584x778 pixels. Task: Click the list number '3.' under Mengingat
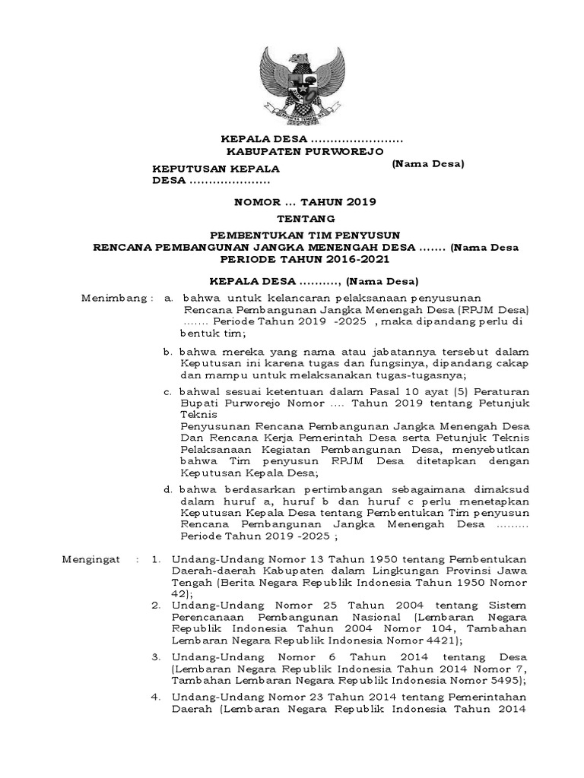click(155, 655)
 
